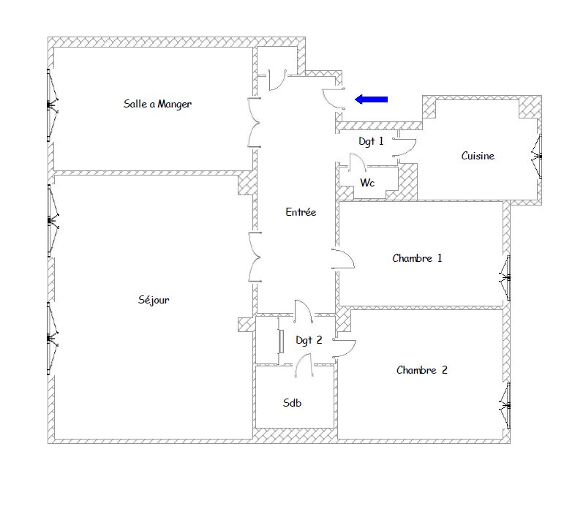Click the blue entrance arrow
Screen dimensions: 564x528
click(371, 99)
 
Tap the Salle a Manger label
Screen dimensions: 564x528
click(157, 104)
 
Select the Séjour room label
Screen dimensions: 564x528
click(154, 300)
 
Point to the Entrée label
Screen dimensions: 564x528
click(301, 212)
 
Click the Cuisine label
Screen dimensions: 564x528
click(478, 156)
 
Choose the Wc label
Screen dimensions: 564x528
click(367, 183)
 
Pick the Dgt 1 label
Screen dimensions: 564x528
click(371, 141)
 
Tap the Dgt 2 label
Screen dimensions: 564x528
click(309, 340)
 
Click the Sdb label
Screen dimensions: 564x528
click(292, 403)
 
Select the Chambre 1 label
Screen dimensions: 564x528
click(417, 258)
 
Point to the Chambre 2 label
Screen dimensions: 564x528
click(422, 370)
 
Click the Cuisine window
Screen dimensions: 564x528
click(537, 156)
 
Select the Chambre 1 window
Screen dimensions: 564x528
click(505, 278)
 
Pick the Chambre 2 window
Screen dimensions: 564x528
click(505, 406)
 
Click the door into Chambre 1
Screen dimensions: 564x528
click(343, 259)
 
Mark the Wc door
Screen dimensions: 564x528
click(358, 162)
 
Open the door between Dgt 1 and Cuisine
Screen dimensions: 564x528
click(405, 147)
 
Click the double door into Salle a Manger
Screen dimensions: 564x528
click(255, 122)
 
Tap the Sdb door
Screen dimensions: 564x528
click(304, 365)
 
